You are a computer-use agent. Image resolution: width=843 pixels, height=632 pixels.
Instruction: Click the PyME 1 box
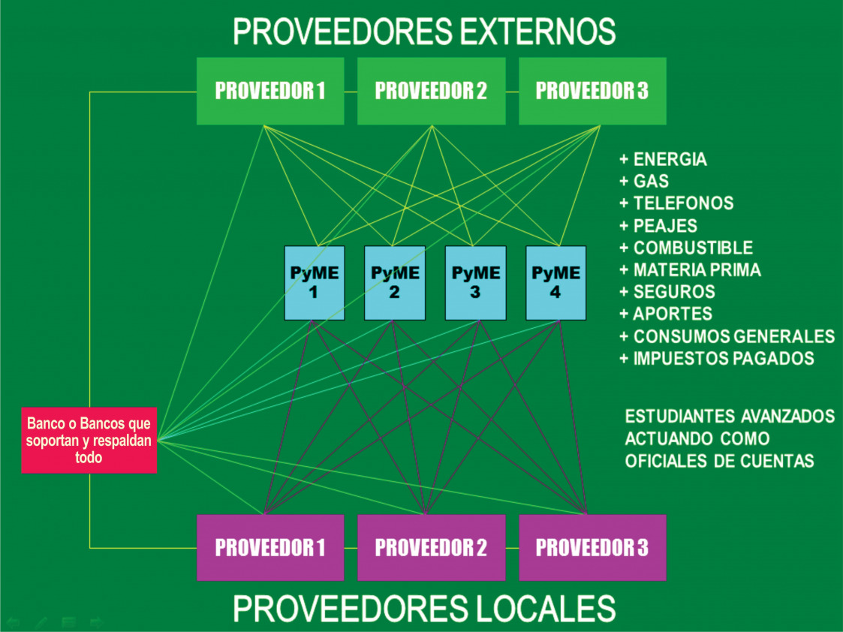pos(314,282)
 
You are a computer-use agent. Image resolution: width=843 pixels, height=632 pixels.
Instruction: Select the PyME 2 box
pos(395,282)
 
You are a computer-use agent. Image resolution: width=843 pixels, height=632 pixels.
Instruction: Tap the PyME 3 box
pos(475,282)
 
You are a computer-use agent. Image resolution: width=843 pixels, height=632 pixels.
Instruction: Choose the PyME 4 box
pos(555,282)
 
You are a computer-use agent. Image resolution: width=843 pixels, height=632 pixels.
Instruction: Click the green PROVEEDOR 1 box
pos(270,91)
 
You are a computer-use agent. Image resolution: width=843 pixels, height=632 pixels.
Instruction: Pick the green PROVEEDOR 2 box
pos(431,91)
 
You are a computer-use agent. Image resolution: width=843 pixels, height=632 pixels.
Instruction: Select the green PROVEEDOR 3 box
pos(592,91)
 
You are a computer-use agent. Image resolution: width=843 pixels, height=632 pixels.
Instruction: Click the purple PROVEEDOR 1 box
pos(270,547)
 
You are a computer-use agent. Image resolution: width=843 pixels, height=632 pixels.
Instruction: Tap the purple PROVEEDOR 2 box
pos(431,547)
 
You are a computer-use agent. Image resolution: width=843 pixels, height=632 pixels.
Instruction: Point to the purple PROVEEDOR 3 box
pos(592,547)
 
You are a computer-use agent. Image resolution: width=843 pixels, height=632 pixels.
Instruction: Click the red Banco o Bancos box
pos(89,440)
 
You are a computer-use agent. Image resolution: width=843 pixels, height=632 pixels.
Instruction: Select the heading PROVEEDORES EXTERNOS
pos(424,32)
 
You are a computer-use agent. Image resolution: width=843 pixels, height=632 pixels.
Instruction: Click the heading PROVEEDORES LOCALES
pos(424,608)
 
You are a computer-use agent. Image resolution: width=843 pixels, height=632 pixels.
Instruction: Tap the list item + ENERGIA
pos(663,160)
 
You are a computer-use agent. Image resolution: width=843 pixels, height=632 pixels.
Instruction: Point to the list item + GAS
pos(644,182)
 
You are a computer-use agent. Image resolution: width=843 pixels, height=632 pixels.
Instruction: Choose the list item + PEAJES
pos(658,225)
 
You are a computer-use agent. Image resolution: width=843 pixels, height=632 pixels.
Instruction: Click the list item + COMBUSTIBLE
pos(686,248)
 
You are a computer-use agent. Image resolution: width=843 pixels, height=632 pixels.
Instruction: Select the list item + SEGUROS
pos(667,291)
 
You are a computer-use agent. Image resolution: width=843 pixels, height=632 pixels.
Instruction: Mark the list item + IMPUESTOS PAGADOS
pos(717,358)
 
